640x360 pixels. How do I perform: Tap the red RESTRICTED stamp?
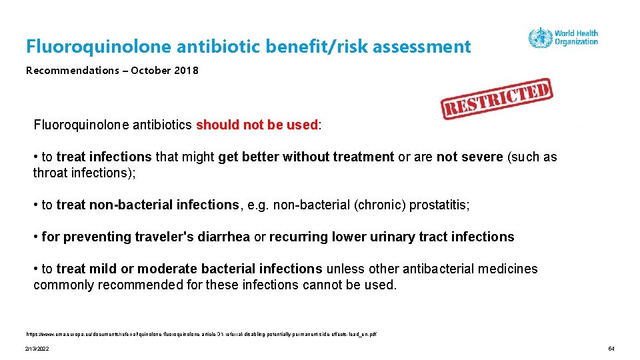click(496, 99)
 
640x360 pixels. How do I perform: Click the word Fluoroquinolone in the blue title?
click(98, 47)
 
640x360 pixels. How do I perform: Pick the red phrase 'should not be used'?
click(257, 125)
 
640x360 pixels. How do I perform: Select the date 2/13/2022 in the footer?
click(37, 349)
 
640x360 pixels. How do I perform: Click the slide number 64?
click(611, 349)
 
